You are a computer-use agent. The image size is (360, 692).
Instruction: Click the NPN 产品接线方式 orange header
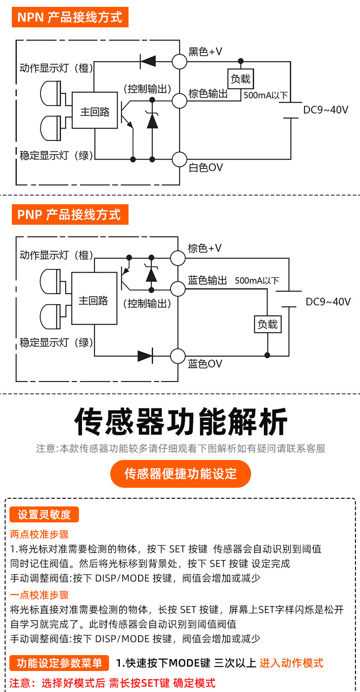coord(70,17)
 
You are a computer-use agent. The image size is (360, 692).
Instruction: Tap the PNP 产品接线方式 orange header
coord(70,214)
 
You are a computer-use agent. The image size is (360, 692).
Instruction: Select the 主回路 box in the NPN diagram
coord(95,110)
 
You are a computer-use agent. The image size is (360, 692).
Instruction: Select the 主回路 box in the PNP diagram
coord(94,299)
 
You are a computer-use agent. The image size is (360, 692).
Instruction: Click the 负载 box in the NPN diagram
coord(241,79)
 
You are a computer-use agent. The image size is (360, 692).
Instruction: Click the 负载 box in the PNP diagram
coord(267,324)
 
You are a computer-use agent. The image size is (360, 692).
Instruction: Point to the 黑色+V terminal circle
coord(180,62)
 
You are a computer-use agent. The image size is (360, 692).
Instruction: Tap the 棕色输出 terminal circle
coord(180,101)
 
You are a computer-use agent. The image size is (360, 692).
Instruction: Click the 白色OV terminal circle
coord(180,160)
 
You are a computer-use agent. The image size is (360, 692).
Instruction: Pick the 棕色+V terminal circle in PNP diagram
coord(178,258)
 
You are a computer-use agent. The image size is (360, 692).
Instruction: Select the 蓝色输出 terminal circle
coord(178,289)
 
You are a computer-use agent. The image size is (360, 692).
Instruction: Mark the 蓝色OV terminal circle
coord(178,356)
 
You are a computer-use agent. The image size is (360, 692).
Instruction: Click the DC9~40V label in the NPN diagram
coord(326,110)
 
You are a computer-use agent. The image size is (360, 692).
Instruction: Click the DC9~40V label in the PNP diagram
coord(328,301)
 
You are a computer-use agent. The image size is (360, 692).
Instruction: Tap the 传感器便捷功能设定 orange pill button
coord(180,474)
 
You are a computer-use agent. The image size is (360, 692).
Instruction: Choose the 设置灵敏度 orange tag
coord(44,514)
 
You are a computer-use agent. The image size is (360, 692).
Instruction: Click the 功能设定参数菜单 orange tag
coord(59,663)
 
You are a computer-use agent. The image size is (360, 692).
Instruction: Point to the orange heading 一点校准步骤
coord(39,595)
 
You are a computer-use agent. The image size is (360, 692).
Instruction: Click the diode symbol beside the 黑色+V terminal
coord(148,61)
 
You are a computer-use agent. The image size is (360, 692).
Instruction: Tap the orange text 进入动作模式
coord(292,663)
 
